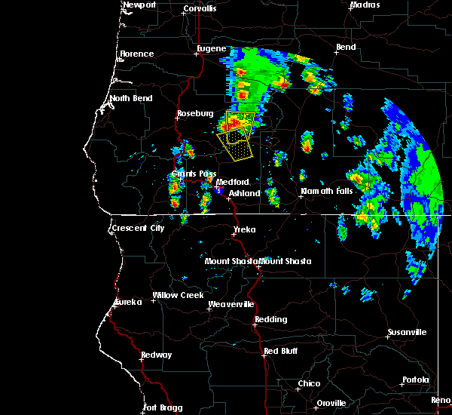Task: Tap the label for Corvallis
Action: [x=199, y=9]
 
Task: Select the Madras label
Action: [x=365, y=5]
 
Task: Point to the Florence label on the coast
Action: [x=137, y=54]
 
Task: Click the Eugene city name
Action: [x=211, y=48]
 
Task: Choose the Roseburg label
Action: [x=192, y=114]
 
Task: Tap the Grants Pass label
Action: [x=189, y=174]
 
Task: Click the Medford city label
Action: [x=232, y=183]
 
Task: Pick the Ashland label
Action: [x=245, y=193]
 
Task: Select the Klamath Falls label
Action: [x=326, y=191]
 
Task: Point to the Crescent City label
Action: [x=137, y=228]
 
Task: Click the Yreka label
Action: [x=244, y=229]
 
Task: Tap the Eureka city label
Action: [x=128, y=303]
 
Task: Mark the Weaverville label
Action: [x=231, y=304]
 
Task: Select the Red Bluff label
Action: [x=280, y=352]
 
